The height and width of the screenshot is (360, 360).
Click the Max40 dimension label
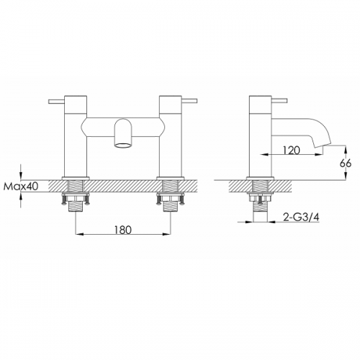[22, 186]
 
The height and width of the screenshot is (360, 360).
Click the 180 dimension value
[123, 230]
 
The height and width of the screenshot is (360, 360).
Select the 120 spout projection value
[291, 150]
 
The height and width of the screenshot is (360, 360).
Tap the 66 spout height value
[346, 163]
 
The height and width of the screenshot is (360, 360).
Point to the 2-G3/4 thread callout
[301, 217]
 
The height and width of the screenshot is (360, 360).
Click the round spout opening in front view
[123, 145]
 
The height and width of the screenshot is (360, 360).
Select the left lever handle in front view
[56, 102]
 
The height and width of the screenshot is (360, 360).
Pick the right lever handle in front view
[189, 101]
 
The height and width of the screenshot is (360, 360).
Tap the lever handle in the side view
[279, 101]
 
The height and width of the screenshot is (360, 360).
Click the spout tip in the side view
[323, 145]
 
